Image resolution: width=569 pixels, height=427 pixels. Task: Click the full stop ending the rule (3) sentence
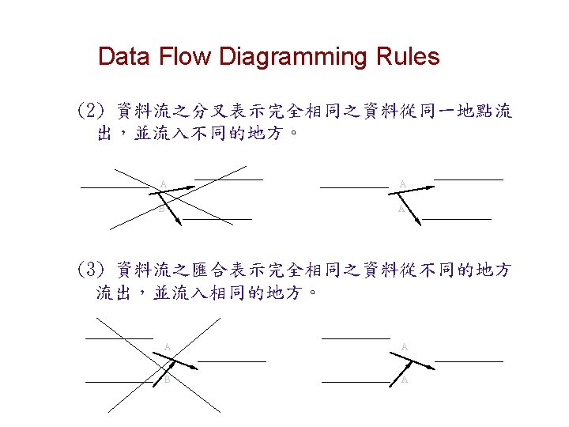tap(314, 294)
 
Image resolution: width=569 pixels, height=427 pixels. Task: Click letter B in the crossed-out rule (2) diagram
tap(161, 210)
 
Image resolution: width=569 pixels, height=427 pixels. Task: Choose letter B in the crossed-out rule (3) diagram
tap(167, 379)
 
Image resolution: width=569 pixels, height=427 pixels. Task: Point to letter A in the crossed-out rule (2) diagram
tap(163, 184)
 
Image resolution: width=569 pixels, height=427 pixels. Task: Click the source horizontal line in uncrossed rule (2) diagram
tap(354, 188)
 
